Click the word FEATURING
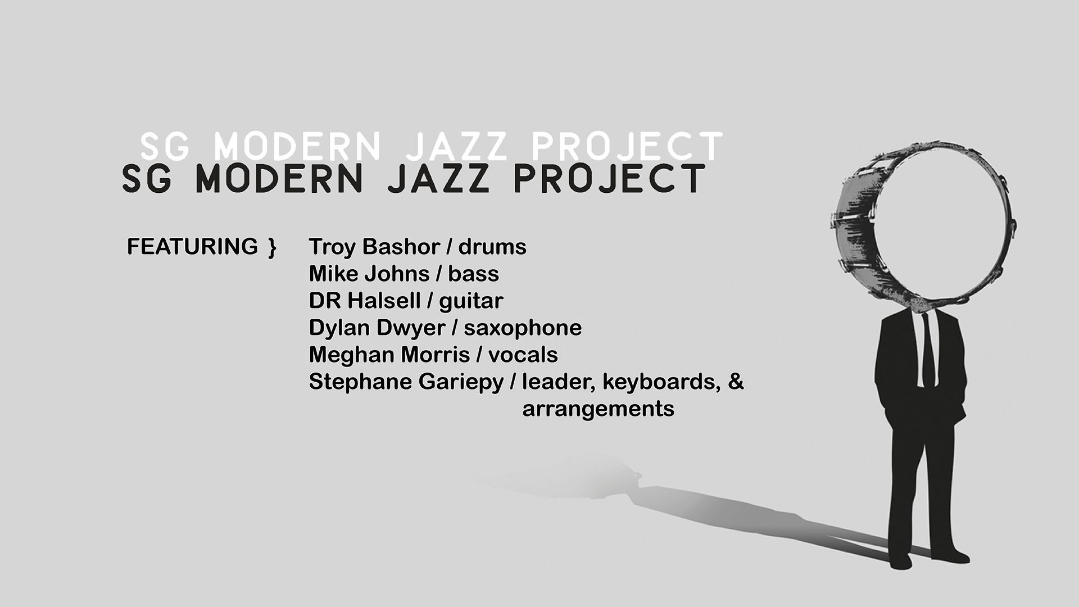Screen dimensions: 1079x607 coord(192,247)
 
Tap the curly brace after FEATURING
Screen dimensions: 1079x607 coord(273,248)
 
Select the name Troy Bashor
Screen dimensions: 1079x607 coord(374,247)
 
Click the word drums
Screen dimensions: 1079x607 coord(492,247)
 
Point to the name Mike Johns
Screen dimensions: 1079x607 coord(369,274)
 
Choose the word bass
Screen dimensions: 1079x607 coord(473,274)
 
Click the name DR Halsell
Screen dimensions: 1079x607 coord(365,301)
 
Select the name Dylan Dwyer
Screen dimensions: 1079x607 coord(377,328)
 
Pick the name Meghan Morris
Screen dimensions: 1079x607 coord(389,355)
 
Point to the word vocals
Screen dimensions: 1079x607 coord(523,355)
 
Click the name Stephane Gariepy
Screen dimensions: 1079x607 coord(406,382)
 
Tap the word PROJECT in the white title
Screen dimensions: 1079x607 coord(627,146)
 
